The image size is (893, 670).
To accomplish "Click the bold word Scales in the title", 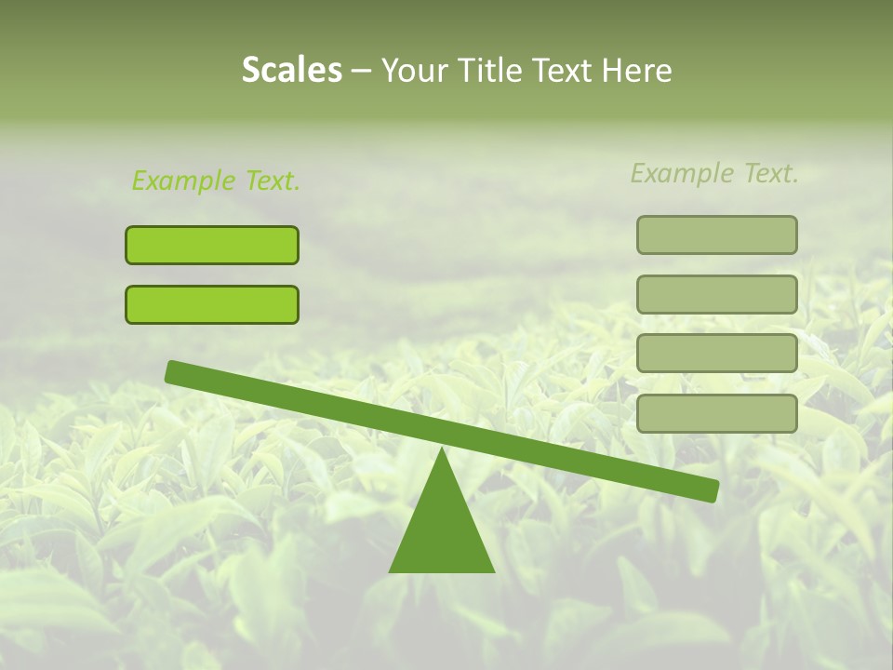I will coord(291,71).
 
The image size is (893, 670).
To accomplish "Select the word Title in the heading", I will coord(483,71).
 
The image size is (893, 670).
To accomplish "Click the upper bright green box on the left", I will coord(212,246).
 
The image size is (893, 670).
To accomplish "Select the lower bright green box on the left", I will coord(212,305).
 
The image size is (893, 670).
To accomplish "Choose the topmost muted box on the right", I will coord(717,235).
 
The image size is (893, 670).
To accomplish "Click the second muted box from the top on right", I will coord(717,295).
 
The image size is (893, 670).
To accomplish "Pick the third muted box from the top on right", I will coord(717,354).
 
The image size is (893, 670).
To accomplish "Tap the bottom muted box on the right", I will coord(717,413).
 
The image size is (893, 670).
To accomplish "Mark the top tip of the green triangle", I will coord(442,450).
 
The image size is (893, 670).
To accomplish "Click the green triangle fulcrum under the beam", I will coord(442,530).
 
